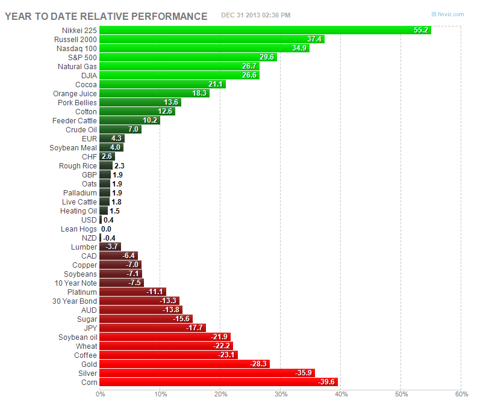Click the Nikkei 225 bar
265,30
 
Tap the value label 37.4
314,39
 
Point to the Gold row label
89,364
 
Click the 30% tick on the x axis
281,394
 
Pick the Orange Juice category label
75,93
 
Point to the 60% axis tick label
461,394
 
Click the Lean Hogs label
78,229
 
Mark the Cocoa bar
163,84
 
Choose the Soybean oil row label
77,337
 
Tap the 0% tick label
100,394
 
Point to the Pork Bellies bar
140,102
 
